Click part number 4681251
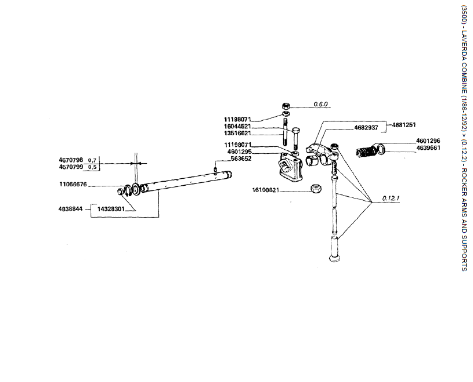pos(404,125)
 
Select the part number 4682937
pos(366,127)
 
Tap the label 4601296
pos(428,141)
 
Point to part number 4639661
pos(428,148)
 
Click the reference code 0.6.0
pos(321,104)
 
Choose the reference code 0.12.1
pos(392,199)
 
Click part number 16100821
pos(266,190)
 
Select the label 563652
pos(241,158)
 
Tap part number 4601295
pos(239,152)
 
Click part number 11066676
pos(73,185)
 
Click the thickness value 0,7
pos(92,160)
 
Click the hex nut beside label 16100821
pos(317,189)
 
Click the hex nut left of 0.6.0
pos(286,106)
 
